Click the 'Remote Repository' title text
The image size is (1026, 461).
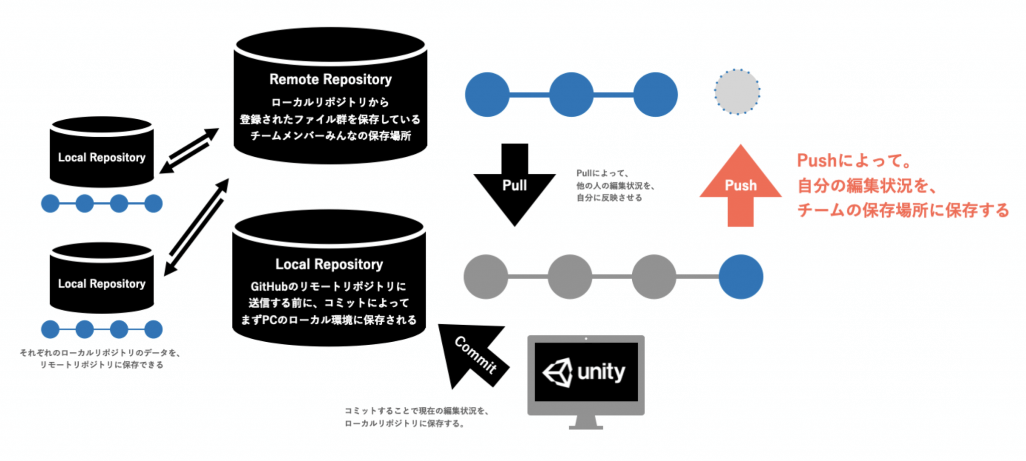[330, 79]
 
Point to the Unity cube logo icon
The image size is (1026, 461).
[558, 372]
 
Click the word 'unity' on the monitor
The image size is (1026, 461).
[601, 372]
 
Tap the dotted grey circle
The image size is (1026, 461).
[737, 92]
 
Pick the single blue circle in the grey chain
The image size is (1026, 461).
[740, 277]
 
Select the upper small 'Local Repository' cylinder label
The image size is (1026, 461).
[102, 157]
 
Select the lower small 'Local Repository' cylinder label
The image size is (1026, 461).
[102, 284]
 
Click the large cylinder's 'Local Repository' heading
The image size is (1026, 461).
[329, 264]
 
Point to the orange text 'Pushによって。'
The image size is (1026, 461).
[854, 161]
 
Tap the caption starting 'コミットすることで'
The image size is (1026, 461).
[416, 411]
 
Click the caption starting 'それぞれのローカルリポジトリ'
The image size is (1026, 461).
[100, 353]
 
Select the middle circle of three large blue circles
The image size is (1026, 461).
[571, 95]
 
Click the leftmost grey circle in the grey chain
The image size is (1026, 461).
[485, 277]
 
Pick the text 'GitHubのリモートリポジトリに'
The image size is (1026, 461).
[328, 287]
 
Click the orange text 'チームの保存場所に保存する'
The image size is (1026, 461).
[903, 210]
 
